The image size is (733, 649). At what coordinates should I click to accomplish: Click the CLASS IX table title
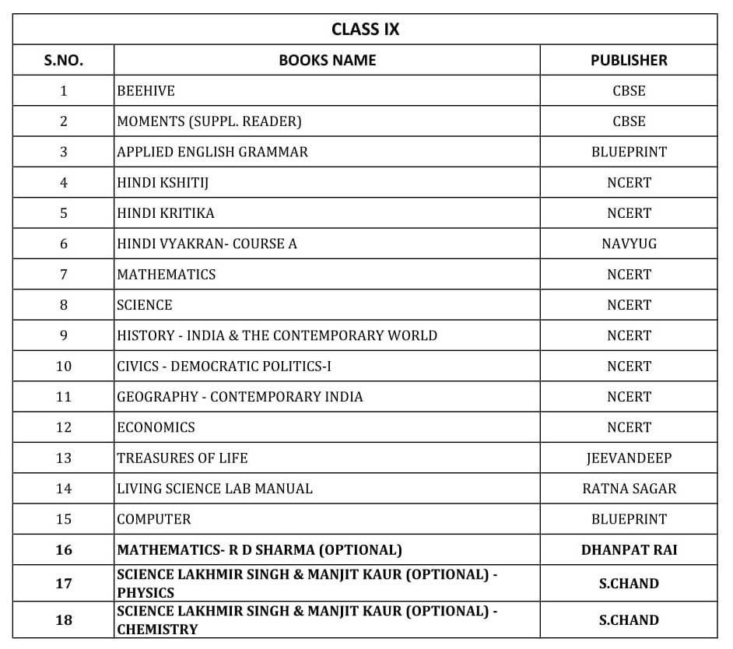pos(365,30)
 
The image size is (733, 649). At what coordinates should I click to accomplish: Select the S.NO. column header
pos(63,60)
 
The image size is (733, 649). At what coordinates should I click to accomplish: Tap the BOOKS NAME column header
pos(327,60)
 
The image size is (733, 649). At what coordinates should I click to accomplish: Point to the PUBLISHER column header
pos(629,60)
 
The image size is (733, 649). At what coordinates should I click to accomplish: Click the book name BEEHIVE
pos(146,91)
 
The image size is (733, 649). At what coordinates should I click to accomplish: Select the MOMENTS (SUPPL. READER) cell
pos(209,121)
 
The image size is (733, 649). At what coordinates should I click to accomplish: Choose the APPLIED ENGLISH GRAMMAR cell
pos(212,152)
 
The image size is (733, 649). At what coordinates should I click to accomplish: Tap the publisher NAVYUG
pos(629,244)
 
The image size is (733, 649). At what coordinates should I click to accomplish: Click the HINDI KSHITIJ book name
pos(163,183)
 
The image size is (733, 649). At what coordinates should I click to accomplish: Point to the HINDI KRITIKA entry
pos(165,213)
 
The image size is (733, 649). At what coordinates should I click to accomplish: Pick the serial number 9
pos(63,335)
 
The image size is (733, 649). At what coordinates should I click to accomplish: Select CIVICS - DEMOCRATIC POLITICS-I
pos(223,367)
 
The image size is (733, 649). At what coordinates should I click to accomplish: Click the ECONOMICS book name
pos(156,427)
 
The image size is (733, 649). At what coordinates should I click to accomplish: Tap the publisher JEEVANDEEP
pos(629,458)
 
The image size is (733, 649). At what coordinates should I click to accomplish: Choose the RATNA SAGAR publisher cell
pos(629,489)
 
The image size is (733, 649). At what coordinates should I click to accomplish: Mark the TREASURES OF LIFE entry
pos(182,458)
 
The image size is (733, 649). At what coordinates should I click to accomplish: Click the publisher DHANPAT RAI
pos(629,549)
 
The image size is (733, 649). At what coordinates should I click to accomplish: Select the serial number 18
pos(63,620)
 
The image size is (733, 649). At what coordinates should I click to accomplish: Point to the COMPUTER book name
pos(153,519)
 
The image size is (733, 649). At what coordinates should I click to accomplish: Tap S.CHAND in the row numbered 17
pos(629,584)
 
